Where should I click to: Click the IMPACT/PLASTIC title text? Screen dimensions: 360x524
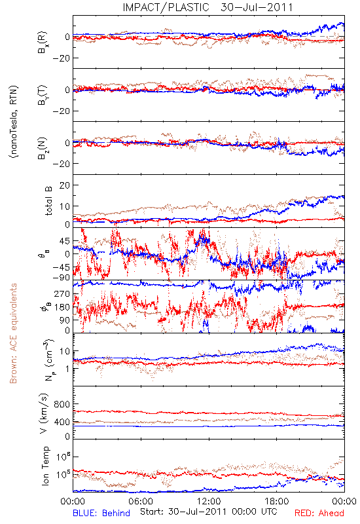(166, 7)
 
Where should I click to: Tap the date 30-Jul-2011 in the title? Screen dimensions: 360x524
(257, 7)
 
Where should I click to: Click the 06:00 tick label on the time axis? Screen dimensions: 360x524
(141, 502)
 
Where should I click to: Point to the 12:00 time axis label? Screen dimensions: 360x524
(209, 502)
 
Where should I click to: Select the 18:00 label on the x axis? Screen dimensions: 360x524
(277, 502)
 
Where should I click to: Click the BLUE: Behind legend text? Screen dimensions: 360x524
(101, 513)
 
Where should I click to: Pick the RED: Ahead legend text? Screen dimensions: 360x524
(319, 513)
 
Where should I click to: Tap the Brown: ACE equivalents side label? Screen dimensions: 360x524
(13, 333)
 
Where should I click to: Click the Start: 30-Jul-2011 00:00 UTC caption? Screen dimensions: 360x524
(208, 512)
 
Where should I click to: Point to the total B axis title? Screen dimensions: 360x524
(48, 201)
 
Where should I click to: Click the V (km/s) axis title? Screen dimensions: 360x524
(44, 413)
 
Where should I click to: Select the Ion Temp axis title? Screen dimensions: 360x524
(45, 466)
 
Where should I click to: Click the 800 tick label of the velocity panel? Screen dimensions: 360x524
(62, 404)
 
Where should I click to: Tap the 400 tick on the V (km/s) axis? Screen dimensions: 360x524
(62, 422)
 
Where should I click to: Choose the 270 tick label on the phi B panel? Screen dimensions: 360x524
(62, 294)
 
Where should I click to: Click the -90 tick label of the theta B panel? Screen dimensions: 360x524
(61, 277)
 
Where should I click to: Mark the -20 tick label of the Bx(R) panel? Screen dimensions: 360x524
(61, 58)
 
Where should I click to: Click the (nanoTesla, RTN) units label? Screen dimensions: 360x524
(14, 121)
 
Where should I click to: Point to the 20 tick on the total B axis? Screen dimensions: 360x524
(64, 185)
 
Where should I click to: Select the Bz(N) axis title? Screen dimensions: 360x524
(42, 148)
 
